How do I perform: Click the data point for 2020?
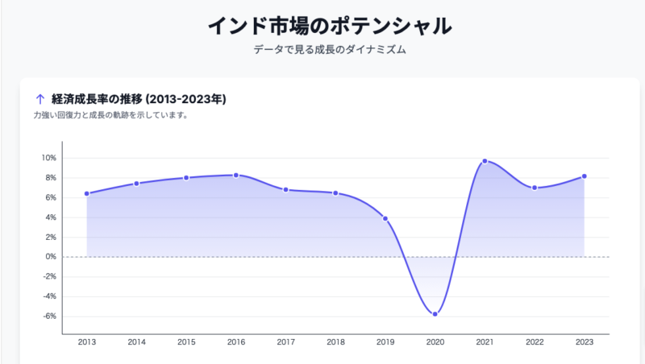click(435, 314)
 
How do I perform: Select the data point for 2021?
click(485, 161)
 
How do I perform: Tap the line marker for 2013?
click(86, 193)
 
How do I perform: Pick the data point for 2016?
click(236, 175)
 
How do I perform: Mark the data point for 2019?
click(385, 218)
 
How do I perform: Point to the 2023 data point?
click(585, 176)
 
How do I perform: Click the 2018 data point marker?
click(335, 193)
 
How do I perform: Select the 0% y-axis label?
click(50, 257)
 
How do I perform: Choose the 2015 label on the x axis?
click(186, 342)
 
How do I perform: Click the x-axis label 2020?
click(435, 342)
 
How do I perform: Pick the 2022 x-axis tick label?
click(535, 342)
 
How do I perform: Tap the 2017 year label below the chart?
click(285, 342)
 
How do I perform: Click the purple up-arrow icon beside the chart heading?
click(40, 100)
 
